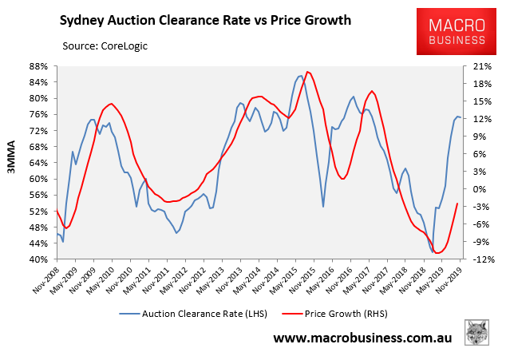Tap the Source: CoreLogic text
[105, 46]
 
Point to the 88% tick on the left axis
[38, 66]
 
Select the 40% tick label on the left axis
[38, 259]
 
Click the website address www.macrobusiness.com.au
[362, 338]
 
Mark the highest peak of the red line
[308, 72]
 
